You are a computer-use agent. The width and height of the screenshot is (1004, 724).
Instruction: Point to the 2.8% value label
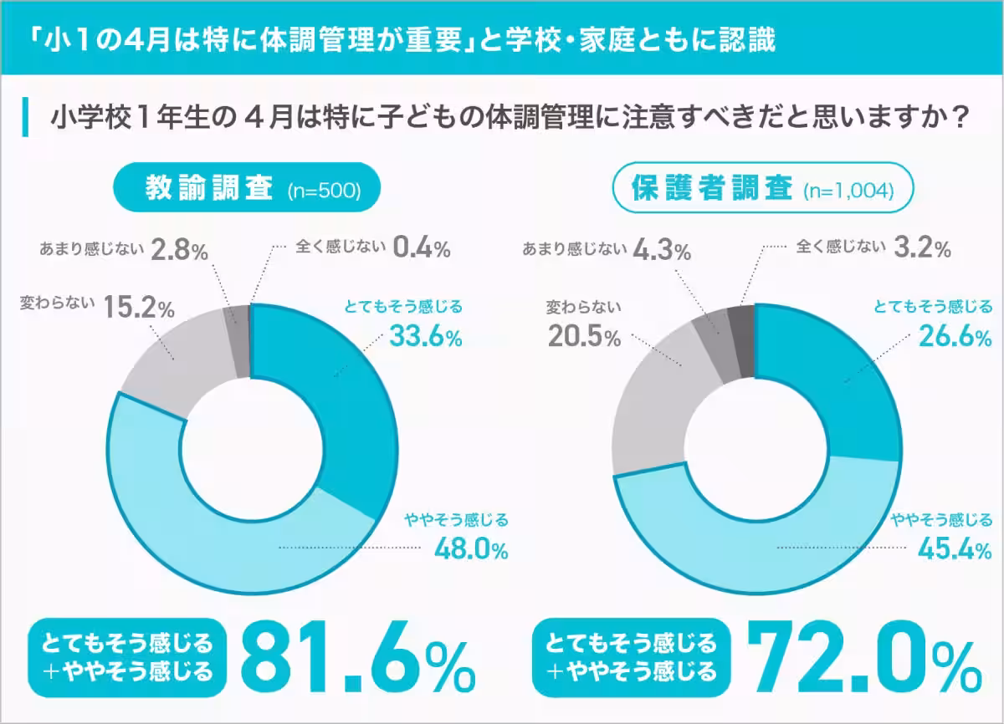(x=179, y=249)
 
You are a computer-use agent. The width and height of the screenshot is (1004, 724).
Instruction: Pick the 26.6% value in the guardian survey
(x=955, y=337)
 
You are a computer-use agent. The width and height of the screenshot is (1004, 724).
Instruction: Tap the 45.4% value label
(x=954, y=549)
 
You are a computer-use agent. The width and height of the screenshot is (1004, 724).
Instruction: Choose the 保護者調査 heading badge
(x=710, y=189)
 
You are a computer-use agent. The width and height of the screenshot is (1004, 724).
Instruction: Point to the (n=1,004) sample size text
(x=848, y=191)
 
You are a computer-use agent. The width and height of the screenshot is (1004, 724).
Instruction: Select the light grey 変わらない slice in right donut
(x=653, y=401)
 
